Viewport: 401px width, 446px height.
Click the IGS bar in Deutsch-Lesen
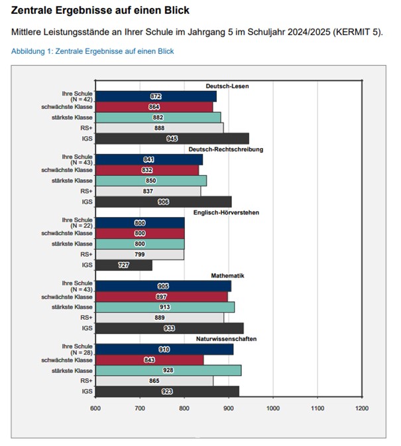(x=172, y=139)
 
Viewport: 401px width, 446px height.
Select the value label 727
(x=123, y=265)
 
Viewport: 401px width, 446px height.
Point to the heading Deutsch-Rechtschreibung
(x=226, y=149)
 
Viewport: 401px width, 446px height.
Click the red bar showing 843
(x=149, y=360)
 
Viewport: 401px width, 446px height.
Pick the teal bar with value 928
(x=168, y=370)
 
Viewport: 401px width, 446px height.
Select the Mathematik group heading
(x=227, y=275)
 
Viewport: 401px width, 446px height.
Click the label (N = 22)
(x=82, y=226)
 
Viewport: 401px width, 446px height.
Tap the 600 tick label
(x=95, y=408)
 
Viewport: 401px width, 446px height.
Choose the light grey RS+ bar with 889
(x=160, y=318)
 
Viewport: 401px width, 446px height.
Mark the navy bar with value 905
(x=163, y=286)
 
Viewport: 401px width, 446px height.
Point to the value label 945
(x=172, y=139)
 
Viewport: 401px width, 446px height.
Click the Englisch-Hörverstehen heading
(x=226, y=212)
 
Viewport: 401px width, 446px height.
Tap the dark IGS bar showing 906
(x=163, y=202)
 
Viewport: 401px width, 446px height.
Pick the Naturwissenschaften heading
(x=226, y=338)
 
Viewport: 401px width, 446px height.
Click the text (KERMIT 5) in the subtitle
(x=357, y=32)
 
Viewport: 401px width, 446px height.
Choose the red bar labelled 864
(x=154, y=107)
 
